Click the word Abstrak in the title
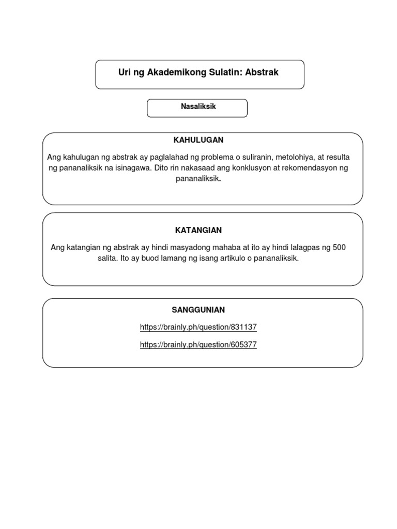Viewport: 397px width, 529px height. (x=262, y=73)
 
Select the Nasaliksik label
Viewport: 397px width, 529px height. (x=198, y=107)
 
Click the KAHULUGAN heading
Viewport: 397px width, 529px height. (x=198, y=140)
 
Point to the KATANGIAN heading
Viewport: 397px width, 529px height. (x=198, y=230)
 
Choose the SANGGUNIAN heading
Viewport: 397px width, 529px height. (x=198, y=310)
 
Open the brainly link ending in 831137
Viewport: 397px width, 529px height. (x=198, y=327)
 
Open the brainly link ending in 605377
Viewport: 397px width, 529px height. (x=198, y=345)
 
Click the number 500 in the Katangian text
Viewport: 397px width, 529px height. (x=339, y=247)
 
